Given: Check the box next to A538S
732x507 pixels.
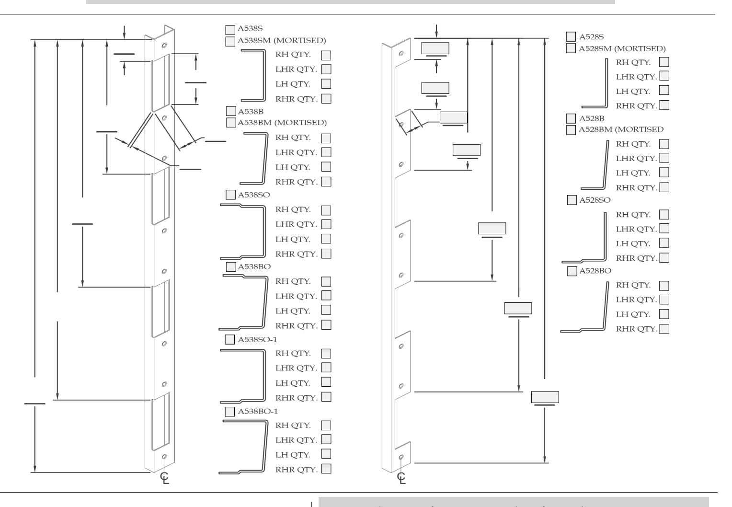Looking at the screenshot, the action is (x=230, y=30).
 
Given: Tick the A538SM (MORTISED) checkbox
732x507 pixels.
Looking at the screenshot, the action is (x=230, y=42).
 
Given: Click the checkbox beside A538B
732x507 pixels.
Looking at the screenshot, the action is (x=231, y=111).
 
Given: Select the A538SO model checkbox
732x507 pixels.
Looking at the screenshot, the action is (x=231, y=195).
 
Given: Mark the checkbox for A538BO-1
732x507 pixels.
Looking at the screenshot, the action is (x=230, y=412).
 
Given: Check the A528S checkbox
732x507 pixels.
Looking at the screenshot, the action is (x=571, y=36).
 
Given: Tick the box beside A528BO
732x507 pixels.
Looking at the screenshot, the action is (x=572, y=271).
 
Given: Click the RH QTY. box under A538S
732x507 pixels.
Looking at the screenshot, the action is (x=326, y=55).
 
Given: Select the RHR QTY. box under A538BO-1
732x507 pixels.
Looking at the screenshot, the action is (x=326, y=469).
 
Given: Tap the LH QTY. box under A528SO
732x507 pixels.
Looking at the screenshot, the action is (x=664, y=243).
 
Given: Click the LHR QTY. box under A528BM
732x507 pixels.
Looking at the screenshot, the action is (x=664, y=158).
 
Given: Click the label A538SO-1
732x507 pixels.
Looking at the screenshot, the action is (x=257, y=340).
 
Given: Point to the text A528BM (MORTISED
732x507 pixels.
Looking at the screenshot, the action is (x=621, y=129).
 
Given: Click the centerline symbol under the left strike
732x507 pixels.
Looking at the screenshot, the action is (x=165, y=478).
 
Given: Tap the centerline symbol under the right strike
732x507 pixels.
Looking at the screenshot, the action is (x=401, y=478).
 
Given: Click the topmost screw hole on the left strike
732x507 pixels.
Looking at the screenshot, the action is (x=164, y=45).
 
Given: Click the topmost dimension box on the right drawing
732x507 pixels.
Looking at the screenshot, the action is (x=435, y=48).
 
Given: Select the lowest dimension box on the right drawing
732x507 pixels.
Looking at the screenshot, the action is (x=545, y=397).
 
